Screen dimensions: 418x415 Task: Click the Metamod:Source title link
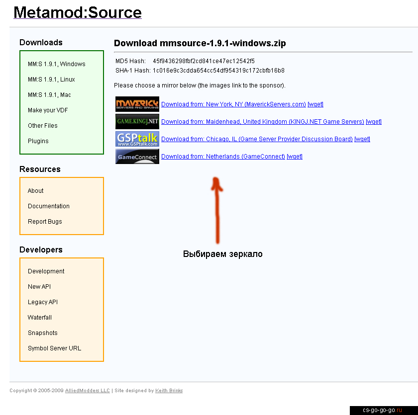point(77,12)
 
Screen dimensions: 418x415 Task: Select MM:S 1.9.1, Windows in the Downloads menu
point(57,64)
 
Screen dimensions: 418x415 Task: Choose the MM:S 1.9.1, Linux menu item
point(51,80)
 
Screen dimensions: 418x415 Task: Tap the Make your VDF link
point(48,110)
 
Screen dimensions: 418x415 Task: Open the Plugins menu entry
point(38,141)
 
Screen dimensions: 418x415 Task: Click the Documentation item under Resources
point(49,206)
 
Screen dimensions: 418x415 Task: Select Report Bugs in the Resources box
point(45,222)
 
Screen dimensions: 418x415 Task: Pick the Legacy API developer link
point(43,302)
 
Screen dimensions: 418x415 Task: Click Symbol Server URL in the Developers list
point(54,348)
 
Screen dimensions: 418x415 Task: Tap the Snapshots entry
point(43,332)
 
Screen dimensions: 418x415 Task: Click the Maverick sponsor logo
point(137,104)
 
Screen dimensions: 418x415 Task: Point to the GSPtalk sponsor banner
point(137,139)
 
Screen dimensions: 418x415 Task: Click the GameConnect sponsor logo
point(137,156)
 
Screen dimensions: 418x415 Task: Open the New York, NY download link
point(233,104)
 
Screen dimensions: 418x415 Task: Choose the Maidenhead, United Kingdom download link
point(263,122)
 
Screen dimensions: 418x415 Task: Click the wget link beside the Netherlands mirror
point(295,157)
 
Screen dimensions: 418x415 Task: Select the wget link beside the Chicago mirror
point(362,139)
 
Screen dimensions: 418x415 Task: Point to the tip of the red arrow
point(215,178)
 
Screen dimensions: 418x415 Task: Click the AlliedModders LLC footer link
point(88,391)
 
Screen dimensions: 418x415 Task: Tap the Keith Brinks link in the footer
point(169,391)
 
